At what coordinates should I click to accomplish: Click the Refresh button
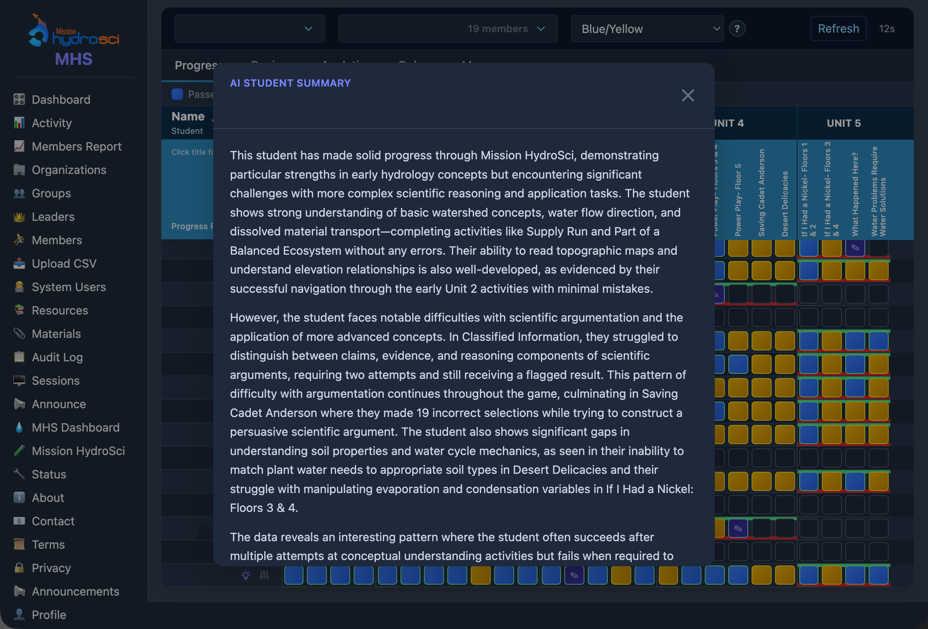point(838,28)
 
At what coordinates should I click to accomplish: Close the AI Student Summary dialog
point(688,95)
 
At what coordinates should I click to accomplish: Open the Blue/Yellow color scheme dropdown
point(647,29)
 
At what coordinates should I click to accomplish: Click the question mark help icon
point(737,29)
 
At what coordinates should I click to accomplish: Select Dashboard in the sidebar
point(61,100)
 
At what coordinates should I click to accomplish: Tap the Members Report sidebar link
point(76,146)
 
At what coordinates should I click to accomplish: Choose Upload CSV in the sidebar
point(64,263)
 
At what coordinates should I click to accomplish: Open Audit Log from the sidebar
point(57,357)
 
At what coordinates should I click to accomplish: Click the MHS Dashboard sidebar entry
point(76,427)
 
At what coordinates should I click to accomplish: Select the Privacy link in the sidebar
point(51,568)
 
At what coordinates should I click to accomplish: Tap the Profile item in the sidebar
point(49,615)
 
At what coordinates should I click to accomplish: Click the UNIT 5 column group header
point(844,123)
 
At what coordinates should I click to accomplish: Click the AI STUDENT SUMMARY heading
point(290,83)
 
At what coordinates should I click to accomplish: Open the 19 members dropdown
point(448,29)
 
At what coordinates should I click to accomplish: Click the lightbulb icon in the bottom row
point(246,575)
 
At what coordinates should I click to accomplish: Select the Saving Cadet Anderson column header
point(761,192)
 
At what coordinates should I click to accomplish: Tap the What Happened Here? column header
point(855,194)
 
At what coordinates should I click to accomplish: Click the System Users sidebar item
point(69,287)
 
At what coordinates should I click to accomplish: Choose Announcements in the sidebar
point(76,591)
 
